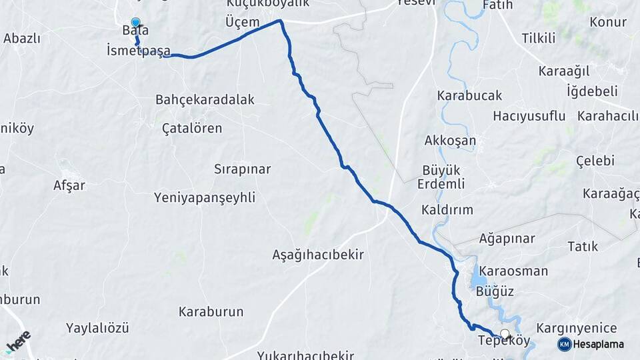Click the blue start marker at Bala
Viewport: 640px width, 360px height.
click(x=136, y=23)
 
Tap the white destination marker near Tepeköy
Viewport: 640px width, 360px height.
click(x=505, y=334)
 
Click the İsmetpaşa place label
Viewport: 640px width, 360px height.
click(x=138, y=51)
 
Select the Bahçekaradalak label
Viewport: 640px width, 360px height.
click(x=205, y=99)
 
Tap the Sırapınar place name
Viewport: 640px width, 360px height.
click(x=242, y=169)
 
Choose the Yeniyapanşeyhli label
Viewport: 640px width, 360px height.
click(x=204, y=197)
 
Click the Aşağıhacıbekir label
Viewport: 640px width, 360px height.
click(x=318, y=254)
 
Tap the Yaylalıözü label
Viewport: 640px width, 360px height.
click(x=97, y=327)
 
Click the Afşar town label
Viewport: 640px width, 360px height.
click(x=69, y=185)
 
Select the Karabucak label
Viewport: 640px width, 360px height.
click(x=469, y=95)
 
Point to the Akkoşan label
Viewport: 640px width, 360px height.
click(x=450, y=140)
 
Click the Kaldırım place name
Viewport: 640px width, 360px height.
click(x=447, y=209)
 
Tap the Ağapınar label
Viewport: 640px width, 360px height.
click(x=507, y=238)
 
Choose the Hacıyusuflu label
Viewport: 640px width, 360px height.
click(x=529, y=116)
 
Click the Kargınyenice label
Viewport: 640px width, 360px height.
click(x=576, y=328)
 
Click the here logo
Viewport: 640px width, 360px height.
click(x=18, y=341)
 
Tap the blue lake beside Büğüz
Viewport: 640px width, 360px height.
click(x=479, y=276)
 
